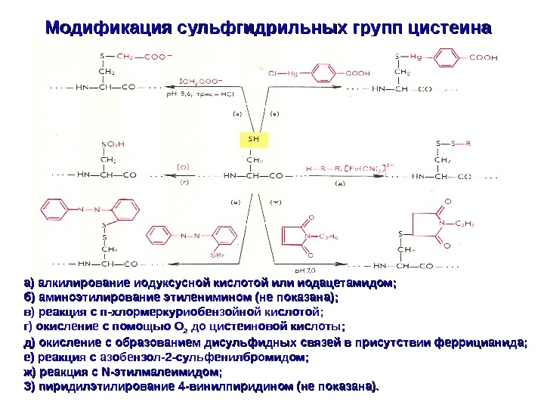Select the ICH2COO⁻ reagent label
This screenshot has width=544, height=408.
pos(200,77)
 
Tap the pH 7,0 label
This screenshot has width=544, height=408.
pos(304,269)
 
